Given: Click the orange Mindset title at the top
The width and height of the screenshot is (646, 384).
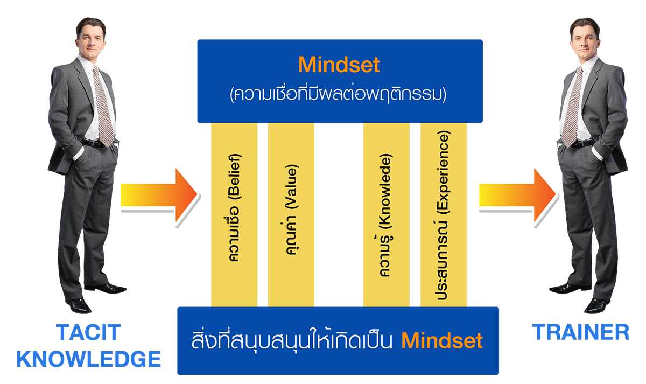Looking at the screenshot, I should click(339, 65).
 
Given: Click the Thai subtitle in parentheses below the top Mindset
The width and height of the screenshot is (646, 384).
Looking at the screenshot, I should click(339, 95).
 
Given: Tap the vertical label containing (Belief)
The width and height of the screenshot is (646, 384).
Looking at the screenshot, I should click(235, 208).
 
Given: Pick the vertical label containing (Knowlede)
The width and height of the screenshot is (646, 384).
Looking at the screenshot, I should click(385, 216).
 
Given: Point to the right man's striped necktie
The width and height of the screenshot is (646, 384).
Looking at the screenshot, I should click(573, 105).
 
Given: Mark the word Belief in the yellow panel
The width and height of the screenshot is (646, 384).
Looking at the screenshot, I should click(235, 178).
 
